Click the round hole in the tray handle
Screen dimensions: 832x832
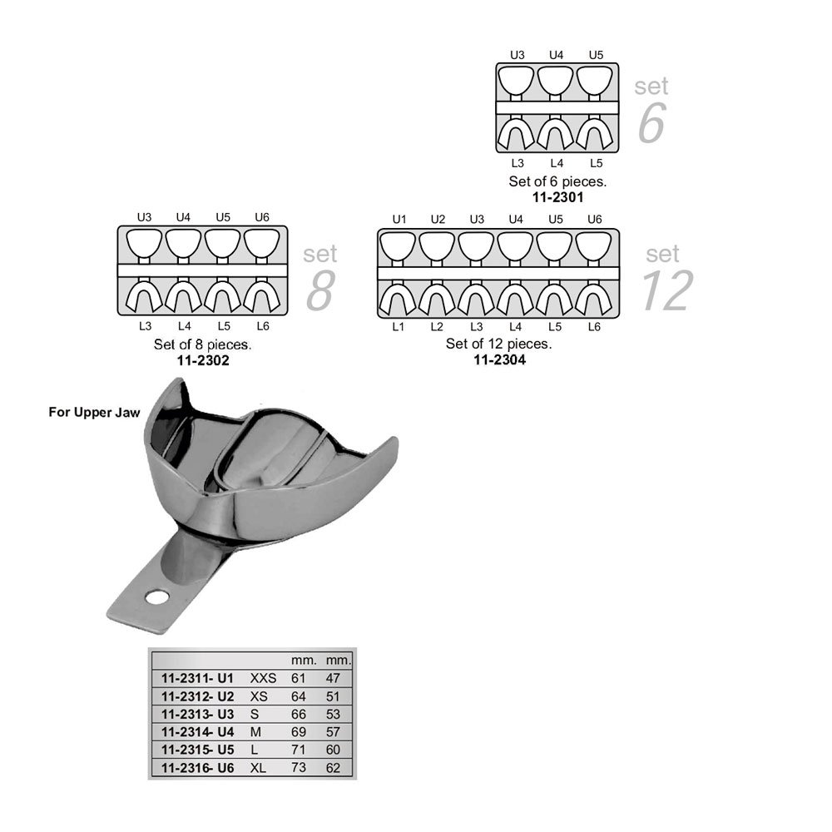point(157,597)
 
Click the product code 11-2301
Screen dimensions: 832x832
point(557,197)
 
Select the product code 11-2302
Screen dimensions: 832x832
point(203,361)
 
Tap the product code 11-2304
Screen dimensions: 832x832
point(500,359)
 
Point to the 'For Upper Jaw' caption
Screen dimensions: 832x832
point(95,413)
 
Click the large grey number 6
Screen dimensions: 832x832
point(651,123)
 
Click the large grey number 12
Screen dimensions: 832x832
point(667,290)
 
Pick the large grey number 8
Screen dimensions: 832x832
point(320,290)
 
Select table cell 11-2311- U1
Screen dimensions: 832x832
point(197,678)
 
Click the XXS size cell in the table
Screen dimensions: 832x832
point(263,678)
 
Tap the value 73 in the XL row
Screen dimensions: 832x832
point(298,768)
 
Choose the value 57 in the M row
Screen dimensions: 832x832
point(333,732)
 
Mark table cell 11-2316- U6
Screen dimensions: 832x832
point(197,768)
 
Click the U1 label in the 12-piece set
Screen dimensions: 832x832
point(399,219)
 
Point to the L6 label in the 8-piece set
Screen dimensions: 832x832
point(263,326)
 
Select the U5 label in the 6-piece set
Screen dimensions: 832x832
point(596,55)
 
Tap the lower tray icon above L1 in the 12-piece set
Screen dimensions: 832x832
point(398,298)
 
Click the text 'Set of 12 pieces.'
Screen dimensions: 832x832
point(498,344)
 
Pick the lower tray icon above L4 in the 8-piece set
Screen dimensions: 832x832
point(183,295)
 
